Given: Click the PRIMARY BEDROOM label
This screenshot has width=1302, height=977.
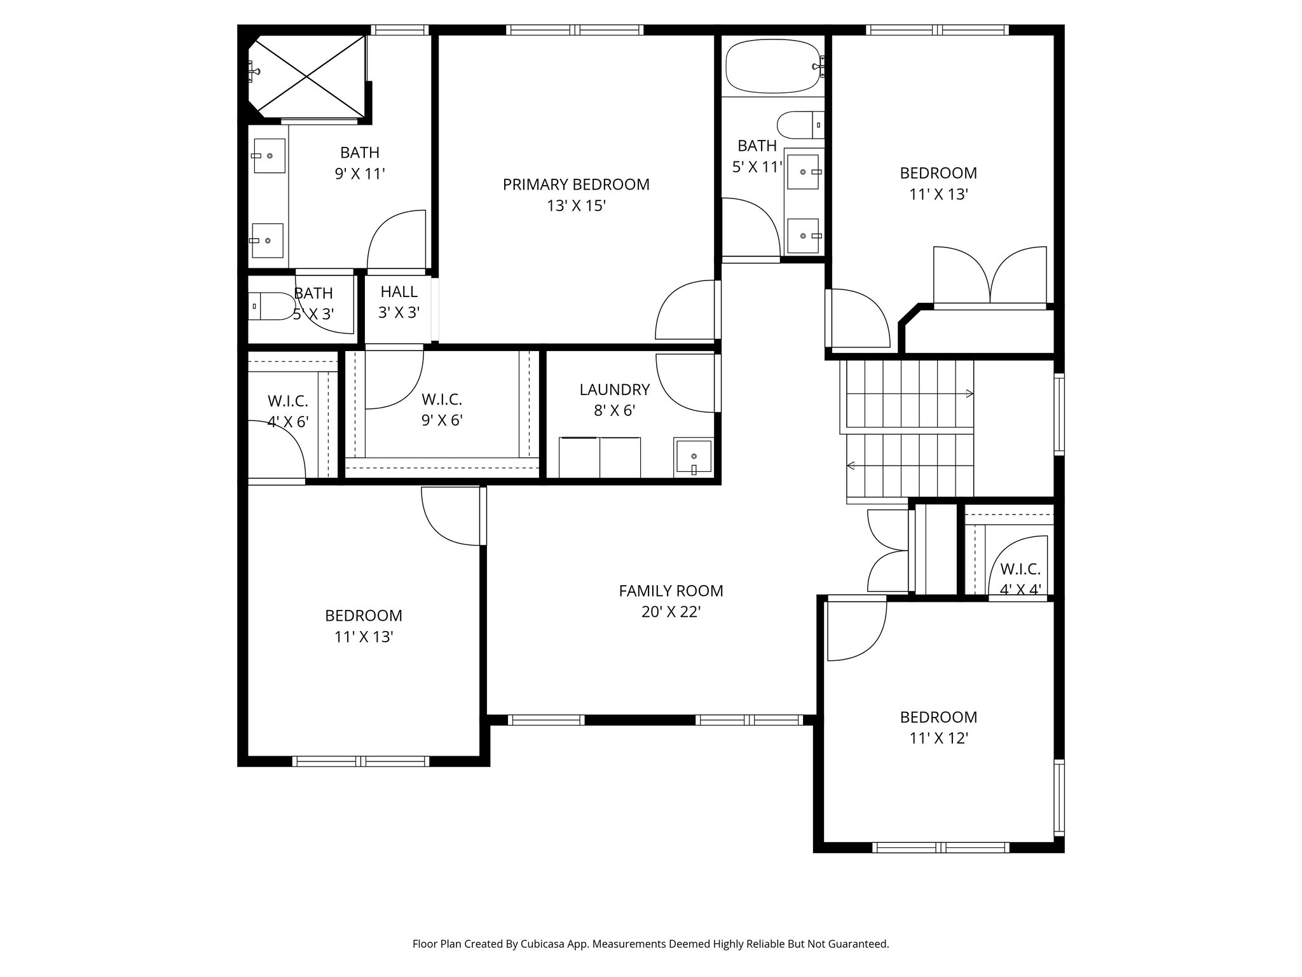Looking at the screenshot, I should click(576, 184).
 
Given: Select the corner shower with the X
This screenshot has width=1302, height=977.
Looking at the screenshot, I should click(307, 77).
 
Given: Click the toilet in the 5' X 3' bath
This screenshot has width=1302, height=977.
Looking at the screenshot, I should click(267, 306).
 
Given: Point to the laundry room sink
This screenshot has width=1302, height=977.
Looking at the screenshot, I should click(694, 457).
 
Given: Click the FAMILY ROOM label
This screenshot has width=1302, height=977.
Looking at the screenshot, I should click(671, 591).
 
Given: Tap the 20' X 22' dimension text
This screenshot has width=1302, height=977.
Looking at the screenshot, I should click(671, 612).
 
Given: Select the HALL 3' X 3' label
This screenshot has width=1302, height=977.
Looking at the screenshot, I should click(399, 302).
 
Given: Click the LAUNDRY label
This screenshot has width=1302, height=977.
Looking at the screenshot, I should click(614, 389).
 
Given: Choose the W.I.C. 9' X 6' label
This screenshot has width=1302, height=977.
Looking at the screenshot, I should click(441, 410).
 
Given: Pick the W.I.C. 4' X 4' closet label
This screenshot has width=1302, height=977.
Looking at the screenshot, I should click(1020, 579).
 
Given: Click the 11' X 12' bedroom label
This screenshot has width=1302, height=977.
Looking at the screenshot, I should click(938, 728).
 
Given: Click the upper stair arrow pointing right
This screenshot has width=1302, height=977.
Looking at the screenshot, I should click(969, 394).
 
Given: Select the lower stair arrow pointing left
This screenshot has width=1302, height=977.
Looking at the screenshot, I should click(851, 466).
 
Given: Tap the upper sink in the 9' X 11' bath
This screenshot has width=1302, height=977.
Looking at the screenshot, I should click(269, 156).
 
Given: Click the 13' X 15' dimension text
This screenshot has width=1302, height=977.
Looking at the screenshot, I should click(576, 206).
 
